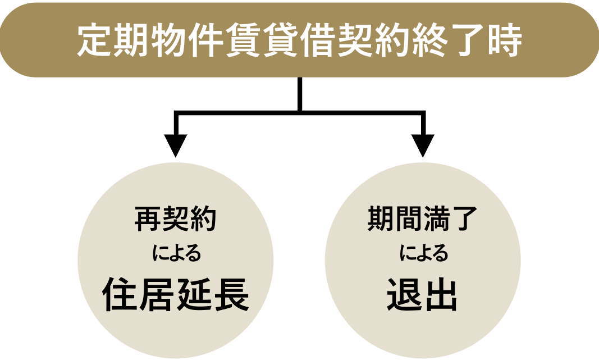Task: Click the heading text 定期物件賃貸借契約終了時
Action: point(299,41)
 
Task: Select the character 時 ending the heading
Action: point(503,41)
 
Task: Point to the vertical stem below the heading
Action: point(300,93)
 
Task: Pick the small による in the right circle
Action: point(424,254)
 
